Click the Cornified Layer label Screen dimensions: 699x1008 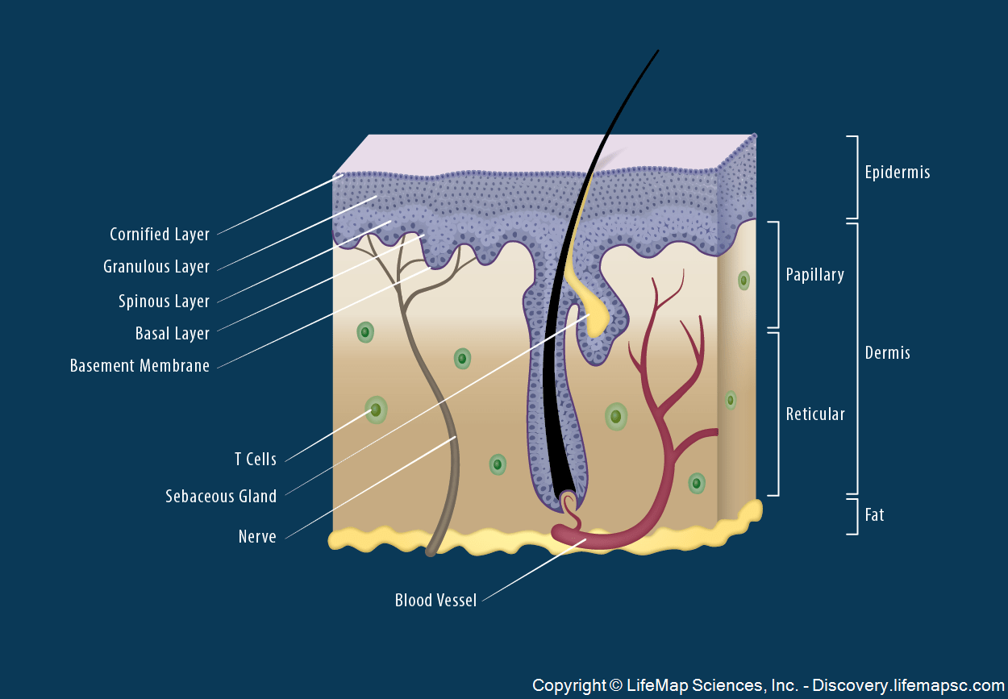[160, 235]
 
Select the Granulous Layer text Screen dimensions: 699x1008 [156, 267]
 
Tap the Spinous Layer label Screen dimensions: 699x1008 [164, 302]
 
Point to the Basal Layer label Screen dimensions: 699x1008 [173, 334]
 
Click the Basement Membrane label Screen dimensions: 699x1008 [140, 366]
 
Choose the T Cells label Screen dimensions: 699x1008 [256, 460]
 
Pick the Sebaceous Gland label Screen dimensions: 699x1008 [221, 497]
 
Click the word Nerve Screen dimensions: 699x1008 [257, 537]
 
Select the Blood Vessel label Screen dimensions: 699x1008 [435, 601]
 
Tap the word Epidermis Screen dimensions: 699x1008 [897, 173]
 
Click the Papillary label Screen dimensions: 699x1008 [814, 275]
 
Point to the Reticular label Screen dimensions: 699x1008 [815, 414]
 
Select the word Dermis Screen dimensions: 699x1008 [887, 353]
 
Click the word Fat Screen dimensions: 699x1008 [874, 514]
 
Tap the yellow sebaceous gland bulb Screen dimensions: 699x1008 [597, 320]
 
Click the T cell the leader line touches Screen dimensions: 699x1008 [375, 410]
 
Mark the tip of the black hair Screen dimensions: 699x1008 [657, 52]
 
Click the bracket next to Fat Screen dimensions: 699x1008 [853, 516]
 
